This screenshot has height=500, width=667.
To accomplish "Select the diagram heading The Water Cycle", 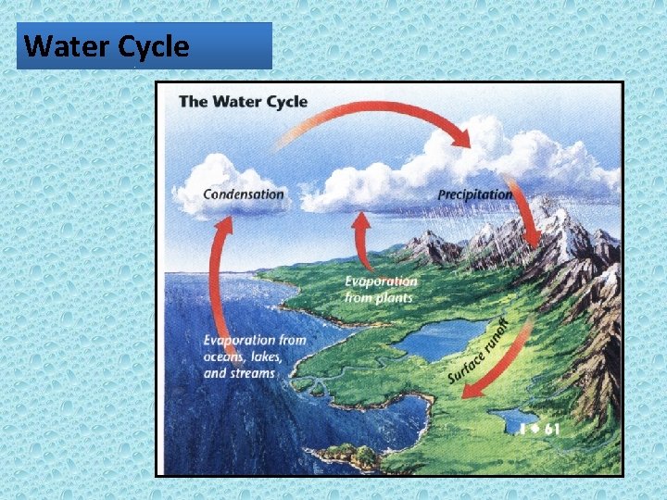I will coord(242,101).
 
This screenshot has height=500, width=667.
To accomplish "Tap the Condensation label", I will coord(243,194).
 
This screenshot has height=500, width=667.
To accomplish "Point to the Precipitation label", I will coord(474,194).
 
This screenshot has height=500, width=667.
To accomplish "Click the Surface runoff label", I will coord(480,350).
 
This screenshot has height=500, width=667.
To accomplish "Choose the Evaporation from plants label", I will coord(380,289).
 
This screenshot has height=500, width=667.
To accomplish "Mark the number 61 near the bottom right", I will coord(552,429).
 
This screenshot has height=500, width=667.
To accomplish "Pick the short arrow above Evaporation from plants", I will coord(361,241).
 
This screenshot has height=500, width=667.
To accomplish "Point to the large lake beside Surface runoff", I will coord(440,338).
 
